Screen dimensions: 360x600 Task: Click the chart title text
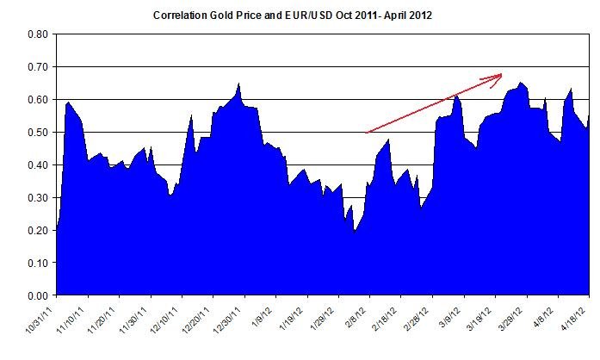299,16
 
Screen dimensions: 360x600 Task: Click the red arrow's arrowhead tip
503,75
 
